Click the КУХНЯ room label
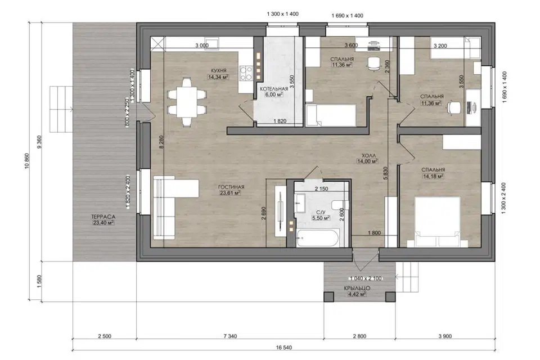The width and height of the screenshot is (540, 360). coord(218,71)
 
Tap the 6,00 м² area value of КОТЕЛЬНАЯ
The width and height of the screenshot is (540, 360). coord(274,94)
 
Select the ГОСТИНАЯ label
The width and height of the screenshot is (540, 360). coord(231,187)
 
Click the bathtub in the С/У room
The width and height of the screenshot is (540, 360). coord(317,238)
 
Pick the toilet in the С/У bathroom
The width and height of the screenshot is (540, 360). coord(341,205)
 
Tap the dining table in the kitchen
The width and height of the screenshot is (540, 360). coord(187,103)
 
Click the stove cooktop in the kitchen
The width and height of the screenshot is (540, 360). coord(246,73)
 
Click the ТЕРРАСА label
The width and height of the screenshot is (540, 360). coord(103,217)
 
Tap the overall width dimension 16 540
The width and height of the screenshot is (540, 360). coord(283,347)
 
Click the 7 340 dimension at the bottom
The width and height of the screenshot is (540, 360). coord(231,336)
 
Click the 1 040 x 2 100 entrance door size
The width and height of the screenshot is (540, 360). coord(366,278)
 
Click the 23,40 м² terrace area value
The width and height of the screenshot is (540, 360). coord(103,223)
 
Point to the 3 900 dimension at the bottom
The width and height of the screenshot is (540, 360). coord(445,336)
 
